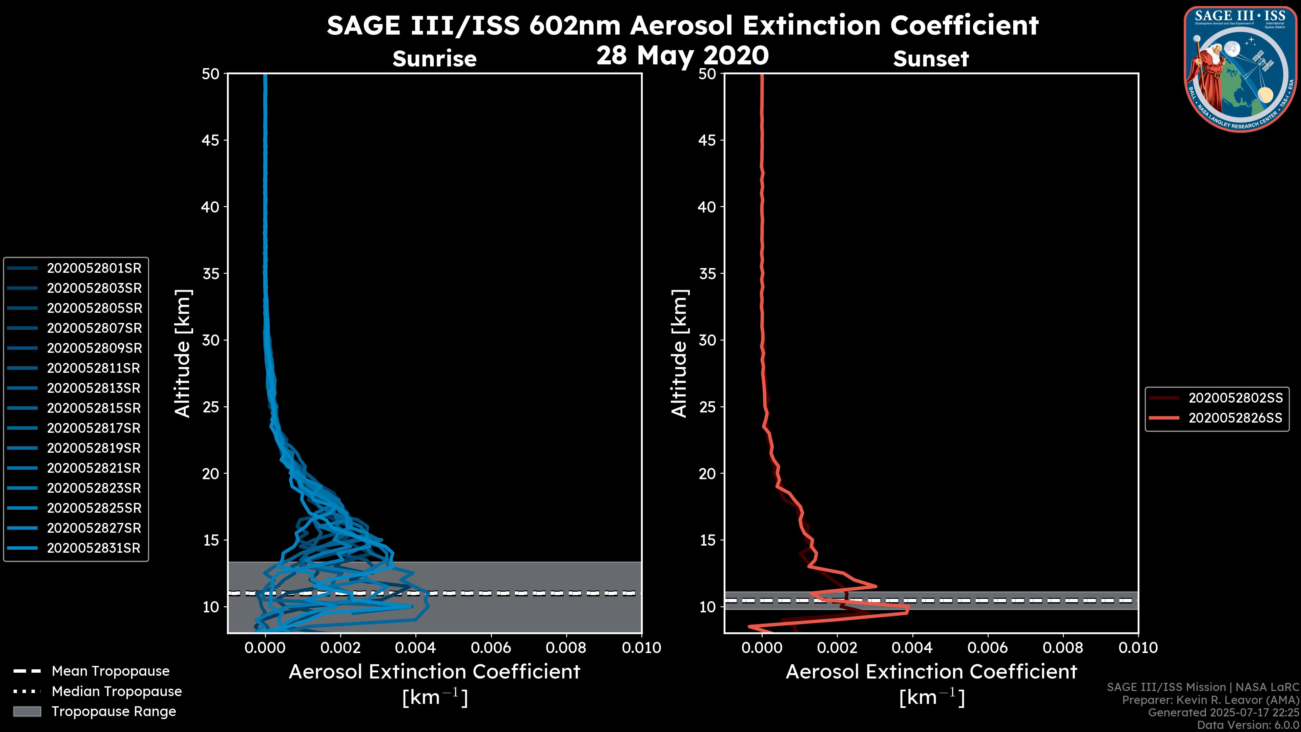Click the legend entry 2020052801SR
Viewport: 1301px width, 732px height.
pos(94,268)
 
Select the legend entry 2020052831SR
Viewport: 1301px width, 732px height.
pos(94,548)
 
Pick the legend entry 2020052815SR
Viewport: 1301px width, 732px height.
pos(94,408)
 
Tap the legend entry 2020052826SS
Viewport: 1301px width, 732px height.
pos(1235,418)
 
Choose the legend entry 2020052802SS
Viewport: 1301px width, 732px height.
pos(1235,398)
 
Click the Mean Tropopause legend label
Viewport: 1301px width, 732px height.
pos(110,671)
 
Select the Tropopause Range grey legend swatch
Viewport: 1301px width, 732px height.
pos(27,711)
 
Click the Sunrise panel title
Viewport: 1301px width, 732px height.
pos(434,59)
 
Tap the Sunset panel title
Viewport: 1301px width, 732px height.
pos(931,59)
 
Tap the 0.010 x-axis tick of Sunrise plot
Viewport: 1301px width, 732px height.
pos(641,648)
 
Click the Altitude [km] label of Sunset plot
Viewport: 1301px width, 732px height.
pos(679,353)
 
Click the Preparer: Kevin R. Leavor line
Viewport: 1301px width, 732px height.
pos(1210,700)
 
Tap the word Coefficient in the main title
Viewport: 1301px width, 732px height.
pos(964,25)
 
